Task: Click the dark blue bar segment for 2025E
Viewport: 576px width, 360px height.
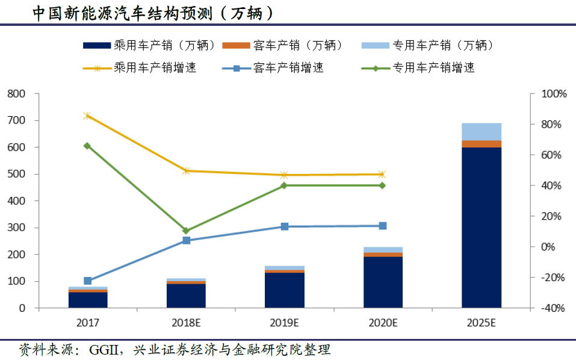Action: (x=482, y=228)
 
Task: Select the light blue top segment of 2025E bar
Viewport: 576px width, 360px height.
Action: (x=482, y=131)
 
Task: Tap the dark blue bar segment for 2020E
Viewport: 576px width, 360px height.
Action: (x=383, y=282)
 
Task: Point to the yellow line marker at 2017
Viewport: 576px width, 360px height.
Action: (x=87, y=116)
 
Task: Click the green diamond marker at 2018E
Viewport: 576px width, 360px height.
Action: (x=186, y=231)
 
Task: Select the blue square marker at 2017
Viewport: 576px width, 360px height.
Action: (x=87, y=281)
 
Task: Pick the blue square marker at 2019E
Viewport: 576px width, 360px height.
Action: (x=285, y=226)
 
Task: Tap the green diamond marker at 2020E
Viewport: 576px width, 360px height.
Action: (x=383, y=185)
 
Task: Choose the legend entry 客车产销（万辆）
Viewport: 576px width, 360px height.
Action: (x=298, y=45)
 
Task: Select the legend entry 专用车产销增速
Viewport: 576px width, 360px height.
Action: (x=433, y=67)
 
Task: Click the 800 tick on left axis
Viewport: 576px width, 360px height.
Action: (x=16, y=94)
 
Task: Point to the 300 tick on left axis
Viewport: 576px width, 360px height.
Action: (x=16, y=228)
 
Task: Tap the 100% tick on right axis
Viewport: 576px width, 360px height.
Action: (x=554, y=94)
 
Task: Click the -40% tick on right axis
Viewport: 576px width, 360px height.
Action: (x=554, y=308)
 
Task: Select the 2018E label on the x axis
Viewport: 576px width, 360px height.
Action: (x=186, y=323)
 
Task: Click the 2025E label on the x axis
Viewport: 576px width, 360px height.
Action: (x=482, y=323)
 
